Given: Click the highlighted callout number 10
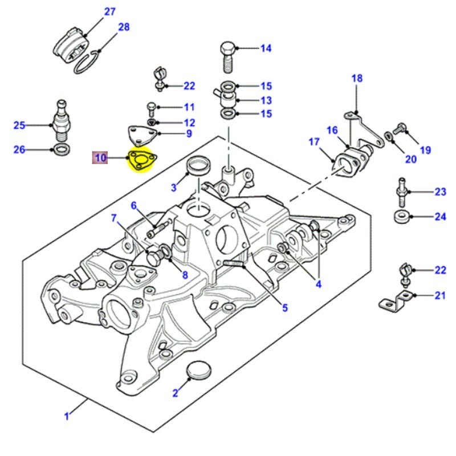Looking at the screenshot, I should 101,158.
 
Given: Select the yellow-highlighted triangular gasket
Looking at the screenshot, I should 140,160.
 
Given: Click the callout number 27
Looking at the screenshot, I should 109,11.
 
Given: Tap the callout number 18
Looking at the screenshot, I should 356,78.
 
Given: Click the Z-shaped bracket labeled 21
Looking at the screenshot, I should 397,300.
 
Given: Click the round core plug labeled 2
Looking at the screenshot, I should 198,370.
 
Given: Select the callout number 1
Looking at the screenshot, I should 66,417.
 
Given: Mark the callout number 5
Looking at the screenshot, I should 284,308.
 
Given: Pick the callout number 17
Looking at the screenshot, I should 314,142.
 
